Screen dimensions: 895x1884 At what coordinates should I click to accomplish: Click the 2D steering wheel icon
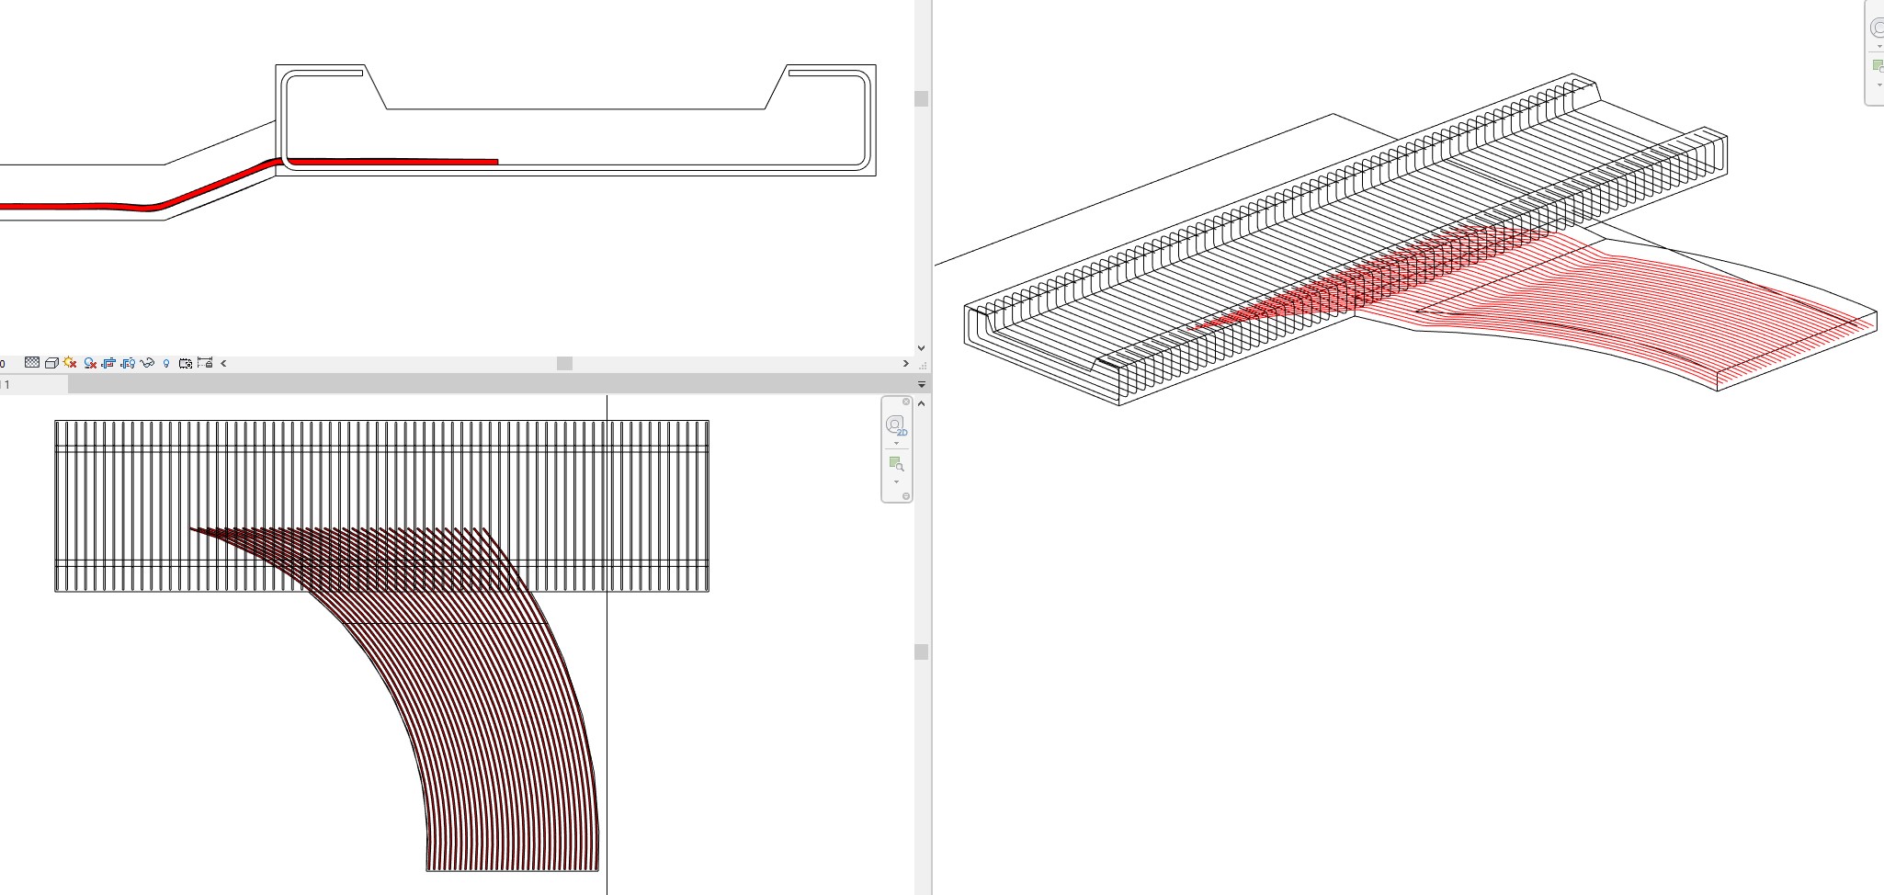click(x=895, y=425)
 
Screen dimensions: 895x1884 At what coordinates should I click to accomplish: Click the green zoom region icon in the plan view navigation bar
click(x=895, y=463)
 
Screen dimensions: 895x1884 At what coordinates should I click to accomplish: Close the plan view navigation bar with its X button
click(x=906, y=402)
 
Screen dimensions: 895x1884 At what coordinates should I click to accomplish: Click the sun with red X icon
click(x=70, y=363)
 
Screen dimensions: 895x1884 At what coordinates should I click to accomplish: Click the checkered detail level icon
click(x=32, y=363)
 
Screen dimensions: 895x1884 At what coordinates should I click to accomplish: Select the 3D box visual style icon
click(x=51, y=364)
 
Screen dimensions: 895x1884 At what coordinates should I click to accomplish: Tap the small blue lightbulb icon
click(x=166, y=364)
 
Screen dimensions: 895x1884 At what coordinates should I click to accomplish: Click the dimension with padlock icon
click(x=205, y=363)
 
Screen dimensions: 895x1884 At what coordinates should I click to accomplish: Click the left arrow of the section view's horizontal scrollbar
click(x=223, y=364)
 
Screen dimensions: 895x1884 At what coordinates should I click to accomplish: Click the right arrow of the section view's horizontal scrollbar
click(x=906, y=364)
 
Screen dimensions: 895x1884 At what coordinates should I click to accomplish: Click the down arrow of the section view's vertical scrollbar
click(x=921, y=348)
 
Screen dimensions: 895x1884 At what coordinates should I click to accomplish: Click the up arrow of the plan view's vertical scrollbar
click(x=921, y=403)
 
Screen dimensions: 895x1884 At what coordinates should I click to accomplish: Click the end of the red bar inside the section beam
click(x=496, y=162)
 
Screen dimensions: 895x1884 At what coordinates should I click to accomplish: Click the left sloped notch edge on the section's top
click(x=376, y=87)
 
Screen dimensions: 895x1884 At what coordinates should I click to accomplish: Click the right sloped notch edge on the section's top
click(x=777, y=87)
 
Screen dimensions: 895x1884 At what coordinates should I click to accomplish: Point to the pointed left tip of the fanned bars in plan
click(x=191, y=528)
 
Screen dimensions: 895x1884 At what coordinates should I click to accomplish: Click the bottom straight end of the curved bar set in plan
click(x=512, y=869)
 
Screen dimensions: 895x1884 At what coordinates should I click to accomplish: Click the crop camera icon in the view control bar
click(x=186, y=364)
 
